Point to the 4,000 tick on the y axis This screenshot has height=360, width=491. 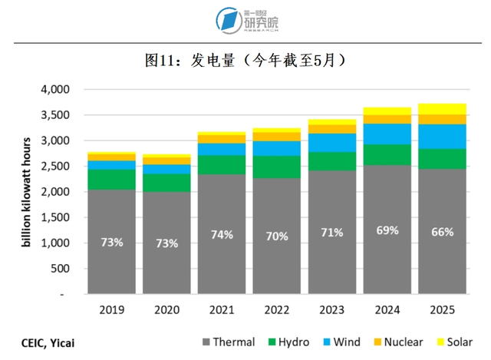[54, 90]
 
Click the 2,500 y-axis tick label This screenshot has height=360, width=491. [54, 167]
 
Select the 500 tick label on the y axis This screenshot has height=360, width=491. [60, 269]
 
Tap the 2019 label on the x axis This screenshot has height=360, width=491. [111, 311]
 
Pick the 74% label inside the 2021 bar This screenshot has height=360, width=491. [222, 235]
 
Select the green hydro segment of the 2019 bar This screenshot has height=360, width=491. [111, 180]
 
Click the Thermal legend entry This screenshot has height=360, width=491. [227, 342]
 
